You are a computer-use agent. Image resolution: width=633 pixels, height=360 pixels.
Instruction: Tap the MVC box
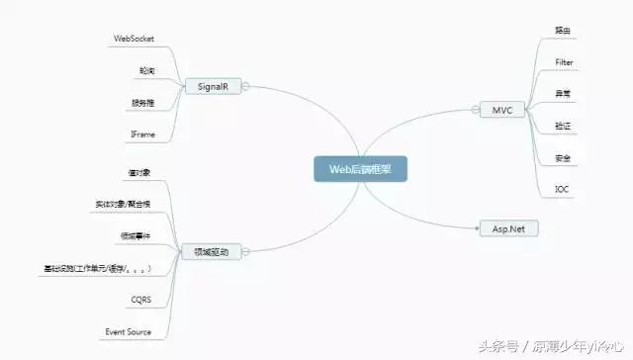[500, 110]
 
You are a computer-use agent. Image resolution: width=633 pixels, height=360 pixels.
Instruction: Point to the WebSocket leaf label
[135, 40]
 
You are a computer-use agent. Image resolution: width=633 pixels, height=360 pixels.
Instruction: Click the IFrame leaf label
[141, 133]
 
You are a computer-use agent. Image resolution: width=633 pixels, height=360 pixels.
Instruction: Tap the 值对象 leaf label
[138, 174]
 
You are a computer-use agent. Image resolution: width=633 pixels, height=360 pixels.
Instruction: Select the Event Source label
[129, 331]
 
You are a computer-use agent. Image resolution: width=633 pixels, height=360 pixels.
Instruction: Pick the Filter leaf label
[565, 62]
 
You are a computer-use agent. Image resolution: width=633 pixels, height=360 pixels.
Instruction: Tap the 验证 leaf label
[564, 126]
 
